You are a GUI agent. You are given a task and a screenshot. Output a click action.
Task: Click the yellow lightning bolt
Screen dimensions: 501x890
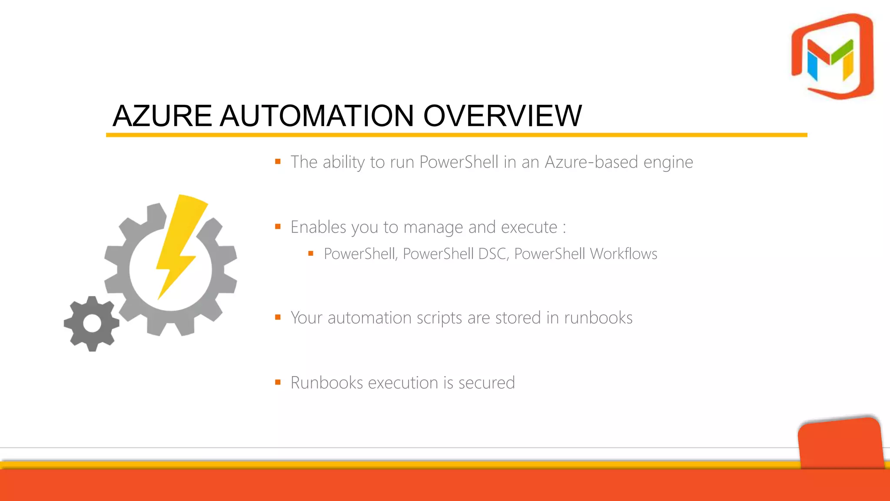179,244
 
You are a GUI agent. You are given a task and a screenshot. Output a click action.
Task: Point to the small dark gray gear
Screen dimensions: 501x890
92,324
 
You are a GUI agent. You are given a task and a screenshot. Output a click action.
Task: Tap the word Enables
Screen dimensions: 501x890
318,227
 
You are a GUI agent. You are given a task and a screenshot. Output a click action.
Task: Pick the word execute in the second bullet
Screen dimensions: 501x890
529,227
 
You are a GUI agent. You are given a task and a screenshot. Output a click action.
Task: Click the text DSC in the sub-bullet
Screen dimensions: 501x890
493,254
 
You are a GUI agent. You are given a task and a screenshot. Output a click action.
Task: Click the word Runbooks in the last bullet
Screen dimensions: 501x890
327,383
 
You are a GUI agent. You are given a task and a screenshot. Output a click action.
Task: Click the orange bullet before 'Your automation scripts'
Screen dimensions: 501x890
278,317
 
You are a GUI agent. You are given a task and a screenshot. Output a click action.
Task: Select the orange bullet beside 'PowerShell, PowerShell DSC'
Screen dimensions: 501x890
311,254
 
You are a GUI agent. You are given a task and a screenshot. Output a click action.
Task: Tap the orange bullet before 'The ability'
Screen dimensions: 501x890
278,162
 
